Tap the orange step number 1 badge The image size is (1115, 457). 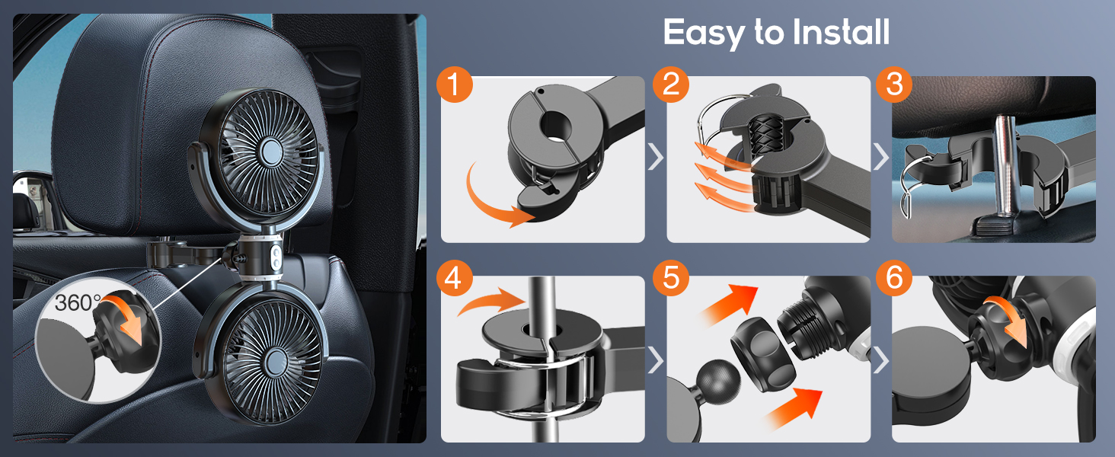tap(455, 85)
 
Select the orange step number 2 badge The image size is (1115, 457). tap(670, 85)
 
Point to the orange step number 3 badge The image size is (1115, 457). tap(894, 85)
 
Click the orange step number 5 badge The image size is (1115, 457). tap(670, 279)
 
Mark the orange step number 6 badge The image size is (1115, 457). tap(894, 279)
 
